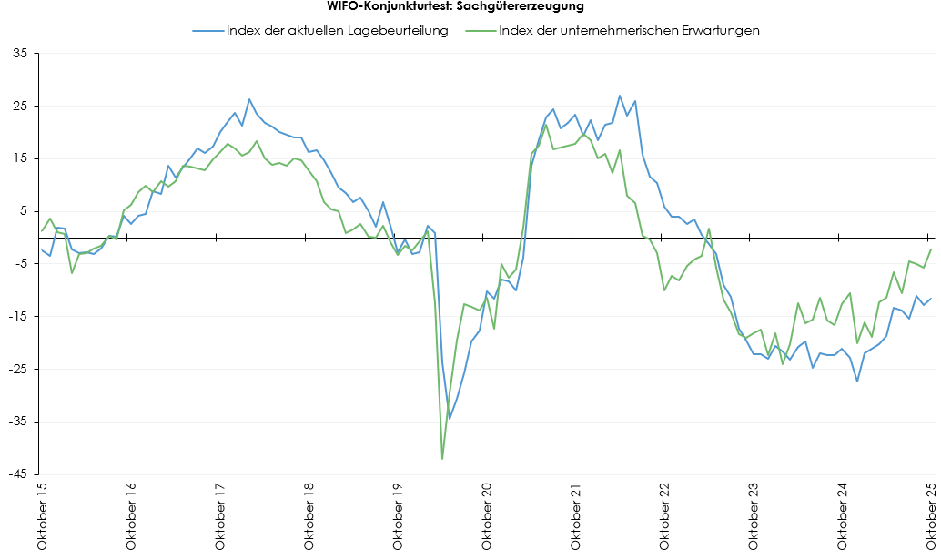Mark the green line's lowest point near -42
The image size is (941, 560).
(x=442, y=459)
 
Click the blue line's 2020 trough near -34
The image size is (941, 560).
(x=450, y=419)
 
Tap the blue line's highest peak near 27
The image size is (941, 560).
(x=620, y=96)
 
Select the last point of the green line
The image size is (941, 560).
(x=931, y=249)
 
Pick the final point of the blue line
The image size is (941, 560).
(x=931, y=298)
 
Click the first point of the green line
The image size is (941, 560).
(x=42, y=230)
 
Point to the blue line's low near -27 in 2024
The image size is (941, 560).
(x=857, y=381)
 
